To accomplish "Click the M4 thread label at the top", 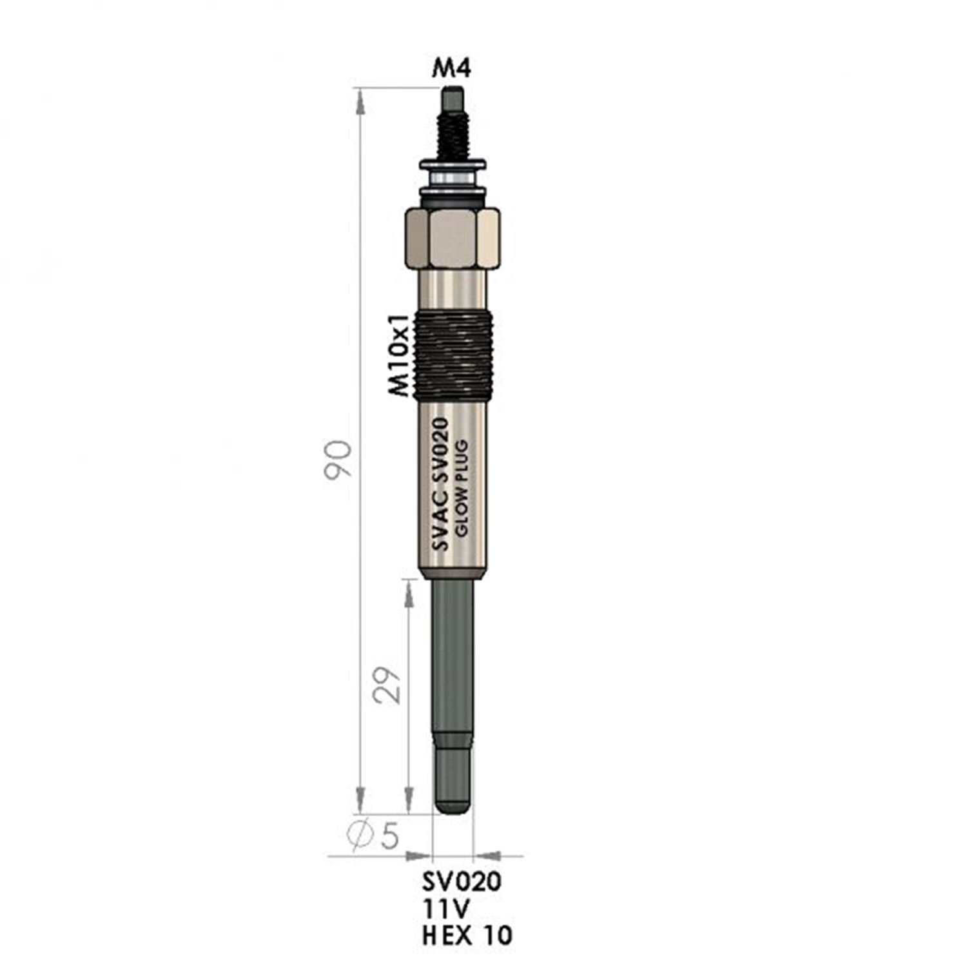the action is tap(451, 67).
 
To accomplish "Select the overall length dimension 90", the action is tap(338, 459).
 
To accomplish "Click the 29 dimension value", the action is tap(387, 685).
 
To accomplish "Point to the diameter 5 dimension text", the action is tap(374, 835).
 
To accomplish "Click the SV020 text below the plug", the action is tap(462, 881).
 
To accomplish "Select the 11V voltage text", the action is tap(446, 908).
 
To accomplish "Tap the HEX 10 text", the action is tap(467, 935).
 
